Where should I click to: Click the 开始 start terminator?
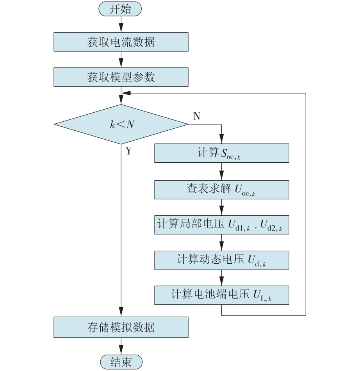[120, 9]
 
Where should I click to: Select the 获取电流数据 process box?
[121, 42]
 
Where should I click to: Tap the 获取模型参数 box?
[121, 77]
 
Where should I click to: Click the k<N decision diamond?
[121, 124]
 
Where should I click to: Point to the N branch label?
[197, 116]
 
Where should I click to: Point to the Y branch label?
[128, 151]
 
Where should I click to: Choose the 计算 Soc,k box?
[222, 153]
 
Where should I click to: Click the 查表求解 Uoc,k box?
[222, 190]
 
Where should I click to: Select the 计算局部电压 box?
[222, 225]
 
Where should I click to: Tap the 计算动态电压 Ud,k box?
[222, 260]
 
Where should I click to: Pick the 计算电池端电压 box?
[222, 295]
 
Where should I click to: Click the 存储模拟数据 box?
[121, 327]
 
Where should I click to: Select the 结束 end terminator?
[121, 362]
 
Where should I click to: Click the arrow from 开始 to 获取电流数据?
[121, 24]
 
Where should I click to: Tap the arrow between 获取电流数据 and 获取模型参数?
[121, 60]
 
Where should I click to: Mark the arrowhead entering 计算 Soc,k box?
[222, 139]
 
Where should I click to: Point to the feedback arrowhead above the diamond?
[126, 93]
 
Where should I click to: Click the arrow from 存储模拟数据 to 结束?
[121, 346]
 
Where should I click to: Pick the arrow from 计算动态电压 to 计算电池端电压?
[222, 278]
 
